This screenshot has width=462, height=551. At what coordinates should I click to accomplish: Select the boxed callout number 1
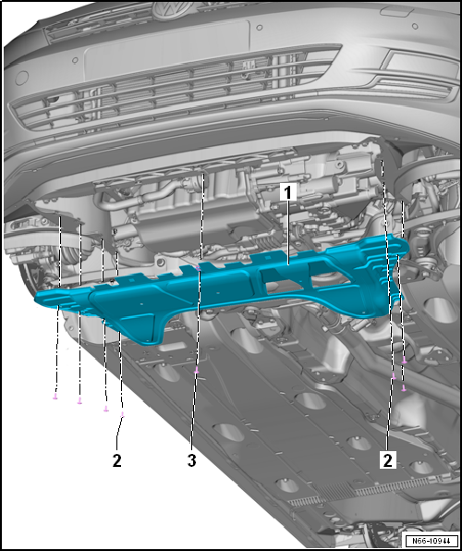tap(288, 193)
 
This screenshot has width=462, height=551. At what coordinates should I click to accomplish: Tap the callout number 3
tap(191, 460)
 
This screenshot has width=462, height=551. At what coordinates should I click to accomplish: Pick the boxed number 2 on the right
tap(387, 460)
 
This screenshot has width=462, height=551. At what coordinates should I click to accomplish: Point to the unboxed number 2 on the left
tap(117, 460)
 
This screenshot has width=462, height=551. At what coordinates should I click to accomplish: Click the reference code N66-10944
tap(432, 541)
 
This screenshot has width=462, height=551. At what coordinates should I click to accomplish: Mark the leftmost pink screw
tap(55, 397)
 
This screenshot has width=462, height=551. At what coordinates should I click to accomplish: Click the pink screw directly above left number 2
tap(122, 414)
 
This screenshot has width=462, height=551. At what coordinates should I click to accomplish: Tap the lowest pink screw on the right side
tap(404, 388)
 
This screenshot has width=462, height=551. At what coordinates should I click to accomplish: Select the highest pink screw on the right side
tap(405, 360)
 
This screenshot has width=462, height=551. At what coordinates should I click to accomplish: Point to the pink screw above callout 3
tap(197, 370)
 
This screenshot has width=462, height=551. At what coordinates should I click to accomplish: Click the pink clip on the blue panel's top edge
tap(199, 269)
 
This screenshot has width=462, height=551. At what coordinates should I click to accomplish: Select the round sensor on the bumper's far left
tap(21, 78)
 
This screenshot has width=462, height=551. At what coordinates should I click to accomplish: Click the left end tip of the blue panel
tap(35, 299)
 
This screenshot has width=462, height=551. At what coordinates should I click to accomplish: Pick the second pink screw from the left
tap(79, 400)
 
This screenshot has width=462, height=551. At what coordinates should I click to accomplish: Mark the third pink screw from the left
tap(105, 409)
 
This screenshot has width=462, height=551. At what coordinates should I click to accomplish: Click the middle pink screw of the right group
tap(394, 376)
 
